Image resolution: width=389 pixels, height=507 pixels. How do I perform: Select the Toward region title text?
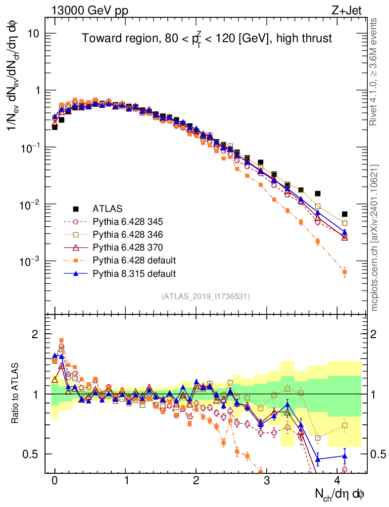pos(206,39)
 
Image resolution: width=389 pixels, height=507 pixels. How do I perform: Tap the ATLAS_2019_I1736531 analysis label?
pos(205,297)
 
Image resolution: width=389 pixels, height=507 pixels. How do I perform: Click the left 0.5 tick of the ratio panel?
pos(35,454)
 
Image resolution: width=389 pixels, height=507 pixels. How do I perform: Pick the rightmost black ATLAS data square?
pos(344,214)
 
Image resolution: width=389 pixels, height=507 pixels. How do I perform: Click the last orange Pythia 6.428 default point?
pos(344,272)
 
